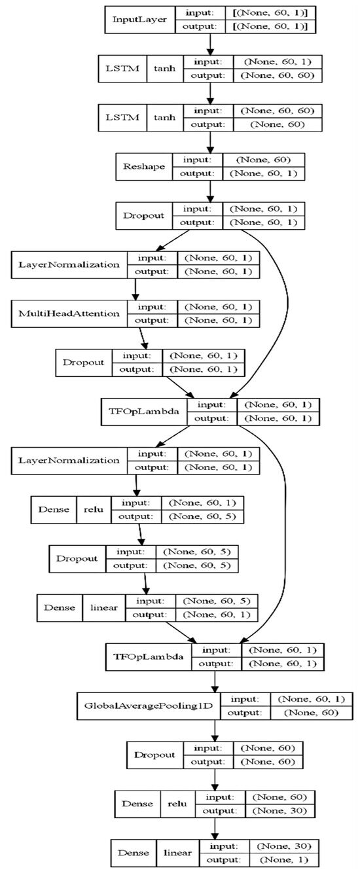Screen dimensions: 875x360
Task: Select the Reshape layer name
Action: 143,167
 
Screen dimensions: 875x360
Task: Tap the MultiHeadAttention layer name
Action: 70,313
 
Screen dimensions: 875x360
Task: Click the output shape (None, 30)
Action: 281,812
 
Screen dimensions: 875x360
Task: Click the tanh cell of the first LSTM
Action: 163,69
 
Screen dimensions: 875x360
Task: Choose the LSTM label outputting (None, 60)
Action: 122,118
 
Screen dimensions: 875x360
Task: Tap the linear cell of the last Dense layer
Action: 177,853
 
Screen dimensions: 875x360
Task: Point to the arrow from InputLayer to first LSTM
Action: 210,44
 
